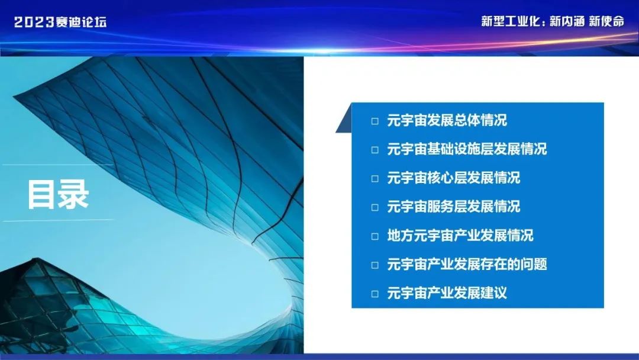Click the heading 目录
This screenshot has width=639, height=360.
pyautogui.click(x=58, y=194)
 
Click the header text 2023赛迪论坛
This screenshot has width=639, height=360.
pyautogui.click(x=60, y=22)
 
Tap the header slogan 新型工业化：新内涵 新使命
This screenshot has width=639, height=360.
pyautogui.click(x=553, y=21)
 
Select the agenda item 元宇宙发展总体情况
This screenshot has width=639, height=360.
pyautogui.click(x=447, y=121)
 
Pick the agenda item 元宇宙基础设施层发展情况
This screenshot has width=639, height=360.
pyautogui.click(x=467, y=149)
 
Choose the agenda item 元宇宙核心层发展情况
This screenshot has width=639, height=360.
pyautogui.click(x=453, y=178)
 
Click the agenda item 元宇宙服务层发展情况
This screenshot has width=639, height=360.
pyautogui.click(x=453, y=207)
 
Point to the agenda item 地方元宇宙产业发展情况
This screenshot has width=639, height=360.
pyautogui.click(x=460, y=236)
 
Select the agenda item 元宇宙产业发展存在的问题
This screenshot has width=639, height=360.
pyautogui.click(x=467, y=265)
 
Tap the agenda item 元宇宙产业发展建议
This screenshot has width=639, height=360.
pyautogui.click(x=447, y=293)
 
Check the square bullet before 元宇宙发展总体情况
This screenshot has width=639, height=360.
pyautogui.click(x=375, y=121)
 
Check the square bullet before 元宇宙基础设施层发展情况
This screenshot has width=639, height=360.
pyautogui.click(x=375, y=150)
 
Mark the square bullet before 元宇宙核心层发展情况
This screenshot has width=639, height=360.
pyautogui.click(x=375, y=179)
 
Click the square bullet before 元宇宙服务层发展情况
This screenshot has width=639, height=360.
pyautogui.click(x=375, y=207)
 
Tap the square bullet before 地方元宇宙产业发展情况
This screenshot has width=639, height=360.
pyautogui.click(x=375, y=236)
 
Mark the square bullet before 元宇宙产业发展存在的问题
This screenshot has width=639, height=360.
pyautogui.click(x=375, y=265)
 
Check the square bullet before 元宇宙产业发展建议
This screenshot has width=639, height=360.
pyautogui.click(x=375, y=294)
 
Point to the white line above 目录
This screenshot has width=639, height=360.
pyautogui.click(x=57, y=165)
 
